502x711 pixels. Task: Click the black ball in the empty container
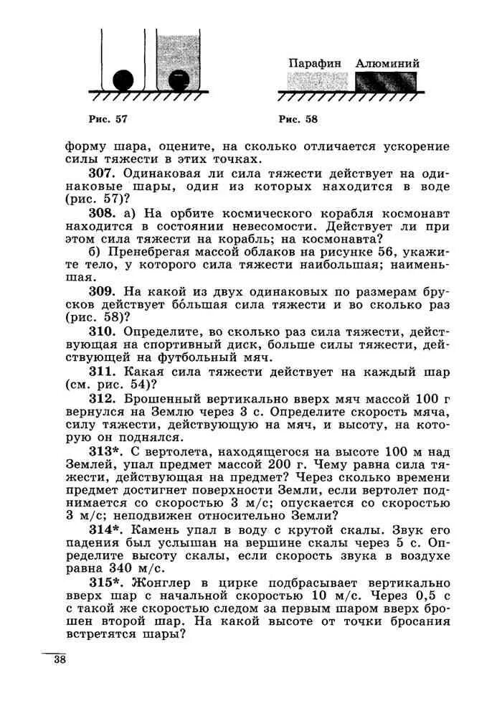[x=123, y=78]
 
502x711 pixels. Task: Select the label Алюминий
[x=387, y=63]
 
